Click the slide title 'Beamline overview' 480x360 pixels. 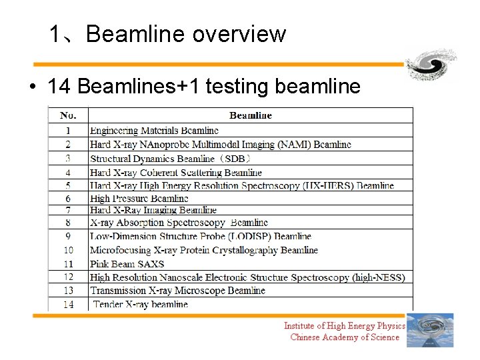pos(185,34)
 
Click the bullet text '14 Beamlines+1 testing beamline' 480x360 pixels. pos(203,86)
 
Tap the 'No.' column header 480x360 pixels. pos(68,115)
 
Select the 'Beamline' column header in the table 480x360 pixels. pos(250,115)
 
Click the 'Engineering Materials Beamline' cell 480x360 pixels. pos(154,131)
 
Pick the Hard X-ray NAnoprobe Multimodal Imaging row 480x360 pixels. pos(220,145)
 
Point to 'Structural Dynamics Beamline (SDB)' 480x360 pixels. pos(170,159)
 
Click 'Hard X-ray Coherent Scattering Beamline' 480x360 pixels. pos(176,173)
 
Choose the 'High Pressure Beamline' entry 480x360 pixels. pos(139,198)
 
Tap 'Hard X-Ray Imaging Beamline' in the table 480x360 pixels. pos(153,210)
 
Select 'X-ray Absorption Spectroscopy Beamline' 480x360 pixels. pos(179,223)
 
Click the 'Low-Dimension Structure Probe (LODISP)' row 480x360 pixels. pos(200,236)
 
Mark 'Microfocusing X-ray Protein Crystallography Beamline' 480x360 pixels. pos(204,250)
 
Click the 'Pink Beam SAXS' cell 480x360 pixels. pos(127,263)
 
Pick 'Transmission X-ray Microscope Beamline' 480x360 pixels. pos(177,290)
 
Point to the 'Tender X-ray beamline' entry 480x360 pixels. pos(140,304)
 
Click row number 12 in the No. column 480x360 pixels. pos(68,277)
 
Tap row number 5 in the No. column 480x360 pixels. pos(68,185)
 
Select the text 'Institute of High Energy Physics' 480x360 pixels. pos(344,326)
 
